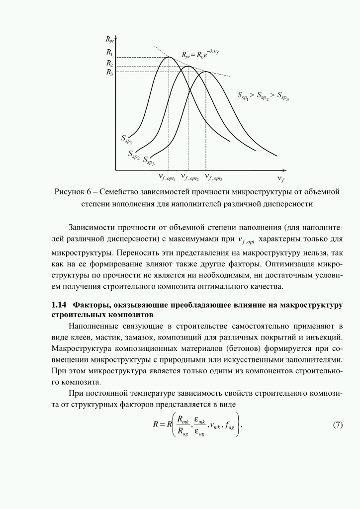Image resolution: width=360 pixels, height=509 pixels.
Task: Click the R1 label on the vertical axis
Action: (x=109, y=52)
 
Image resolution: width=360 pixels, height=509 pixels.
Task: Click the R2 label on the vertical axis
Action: (x=109, y=63)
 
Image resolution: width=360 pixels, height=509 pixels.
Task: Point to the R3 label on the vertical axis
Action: (x=109, y=73)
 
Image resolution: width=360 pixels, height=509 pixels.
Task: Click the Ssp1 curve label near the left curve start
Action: (x=127, y=139)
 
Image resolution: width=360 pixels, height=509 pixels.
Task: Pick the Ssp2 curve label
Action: (x=133, y=155)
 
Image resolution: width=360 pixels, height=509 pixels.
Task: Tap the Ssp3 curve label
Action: (x=149, y=160)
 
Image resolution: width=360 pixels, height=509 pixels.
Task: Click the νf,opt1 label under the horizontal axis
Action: (x=167, y=177)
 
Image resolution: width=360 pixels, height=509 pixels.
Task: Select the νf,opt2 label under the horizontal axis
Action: (x=190, y=177)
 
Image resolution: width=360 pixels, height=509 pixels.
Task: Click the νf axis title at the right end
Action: (x=281, y=178)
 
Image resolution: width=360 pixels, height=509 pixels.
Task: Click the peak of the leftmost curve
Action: (x=169, y=57)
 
